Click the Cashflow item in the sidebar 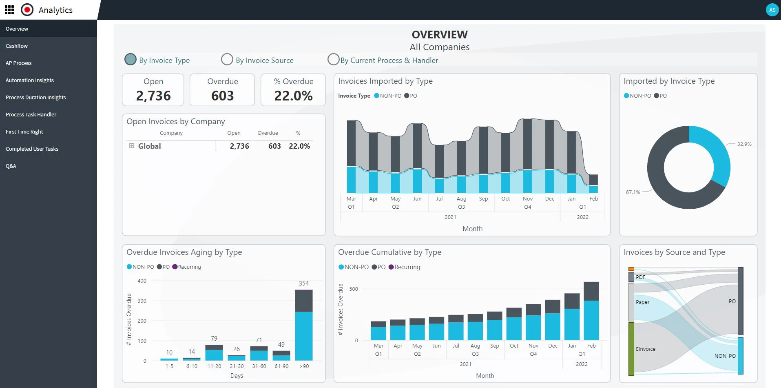click(x=17, y=46)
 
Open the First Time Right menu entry click(x=24, y=132)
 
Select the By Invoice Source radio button click(x=227, y=60)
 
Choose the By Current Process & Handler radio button click(x=333, y=60)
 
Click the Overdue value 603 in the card click(x=222, y=96)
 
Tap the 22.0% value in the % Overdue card click(x=293, y=96)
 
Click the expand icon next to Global click(x=131, y=146)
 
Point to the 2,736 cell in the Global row click(x=239, y=146)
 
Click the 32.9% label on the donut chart click(x=744, y=144)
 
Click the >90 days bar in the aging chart click(x=304, y=327)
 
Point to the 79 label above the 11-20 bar click(x=214, y=338)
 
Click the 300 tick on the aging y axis click(x=142, y=301)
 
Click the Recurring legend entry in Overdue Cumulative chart click(x=407, y=267)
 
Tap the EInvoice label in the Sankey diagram click(x=646, y=349)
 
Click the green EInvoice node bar click(x=631, y=349)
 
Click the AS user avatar click(x=772, y=10)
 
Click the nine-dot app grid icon click(x=9, y=10)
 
